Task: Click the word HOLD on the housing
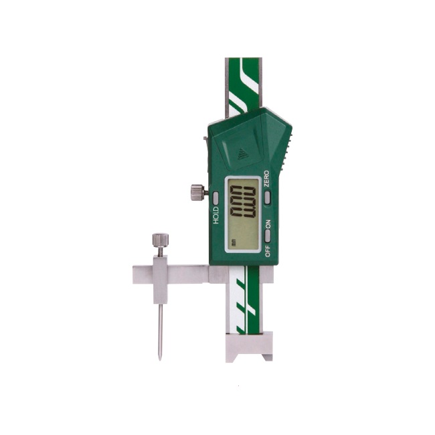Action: [x=216, y=215]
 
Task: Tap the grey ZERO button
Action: [x=267, y=197]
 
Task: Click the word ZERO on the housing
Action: [x=266, y=179]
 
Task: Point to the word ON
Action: [x=268, y=224]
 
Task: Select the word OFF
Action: [x=268, y=251]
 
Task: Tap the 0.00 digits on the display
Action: [x=243, y=201]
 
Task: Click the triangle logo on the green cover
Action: [x=243, y=154]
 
